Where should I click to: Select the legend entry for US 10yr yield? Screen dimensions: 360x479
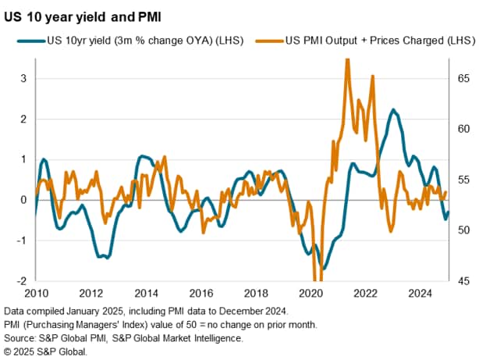coord(137,40)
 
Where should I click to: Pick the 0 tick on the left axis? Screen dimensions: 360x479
coord(23,200)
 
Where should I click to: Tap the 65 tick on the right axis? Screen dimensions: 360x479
coord(461,79)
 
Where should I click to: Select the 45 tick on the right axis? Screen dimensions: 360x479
coord(461,281)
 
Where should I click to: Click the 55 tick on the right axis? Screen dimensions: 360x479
coord(461,180)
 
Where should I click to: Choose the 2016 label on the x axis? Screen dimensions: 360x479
coord(200,294)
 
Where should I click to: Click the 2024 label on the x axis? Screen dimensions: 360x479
coord(420,294)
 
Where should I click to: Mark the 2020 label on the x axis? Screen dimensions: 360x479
coord(310,294)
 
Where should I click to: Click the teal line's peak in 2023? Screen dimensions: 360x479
coord(393,110)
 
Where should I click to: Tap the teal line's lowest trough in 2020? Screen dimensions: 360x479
coord(323,268)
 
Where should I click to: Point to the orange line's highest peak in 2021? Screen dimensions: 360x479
coord(346,60)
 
